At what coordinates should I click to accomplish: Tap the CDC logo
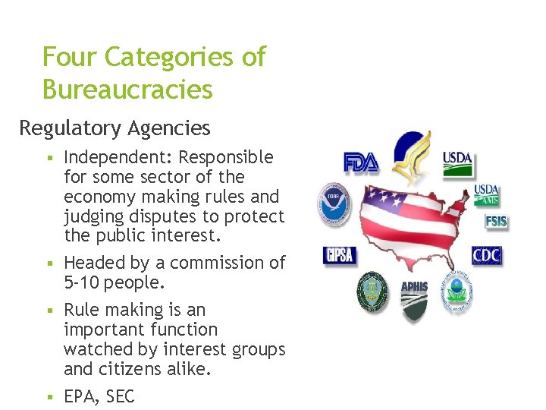pyautogui.click(x=488, y=255)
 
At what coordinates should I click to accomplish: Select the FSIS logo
pyautogui.click(x=497, y=222)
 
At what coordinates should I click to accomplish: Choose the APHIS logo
pyautogui.click(x=414, y=297)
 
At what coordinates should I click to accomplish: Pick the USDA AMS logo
pyautogui.click(x=487, y=195)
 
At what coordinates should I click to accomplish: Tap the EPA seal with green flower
pyautogui.click(x=457, y=292)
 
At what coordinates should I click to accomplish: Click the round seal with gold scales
pyautogui.click(x=372, y=292)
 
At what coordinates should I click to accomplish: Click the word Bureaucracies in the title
pyautogui.click(x=127, y=90)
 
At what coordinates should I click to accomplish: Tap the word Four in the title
pyautogui.click(x=70, y=57)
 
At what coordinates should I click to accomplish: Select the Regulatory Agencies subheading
pyautogui.click(x=115, y=128)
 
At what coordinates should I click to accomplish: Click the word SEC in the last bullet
pyautogui.click(x=120, y=397)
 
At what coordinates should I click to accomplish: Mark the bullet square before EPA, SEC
pyautogui.click(x=48, y=397)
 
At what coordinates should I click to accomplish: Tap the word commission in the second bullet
pyautogui.click(x=206, y=263)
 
